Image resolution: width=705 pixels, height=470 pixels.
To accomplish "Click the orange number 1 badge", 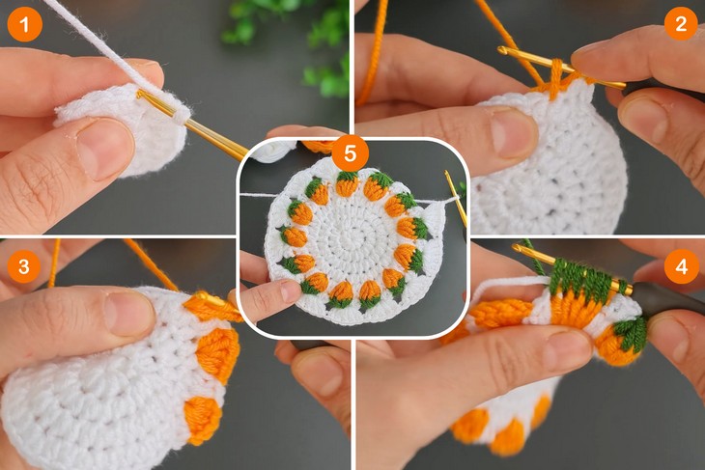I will tap(24, 24).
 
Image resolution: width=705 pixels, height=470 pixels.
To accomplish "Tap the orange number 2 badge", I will tap(680, 24).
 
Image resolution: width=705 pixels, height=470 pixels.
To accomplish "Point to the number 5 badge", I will tap(349, 153).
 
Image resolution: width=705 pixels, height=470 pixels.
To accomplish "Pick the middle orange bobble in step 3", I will tap(218, 353).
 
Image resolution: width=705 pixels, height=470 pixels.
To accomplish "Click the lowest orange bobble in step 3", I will tap(202, 417).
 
